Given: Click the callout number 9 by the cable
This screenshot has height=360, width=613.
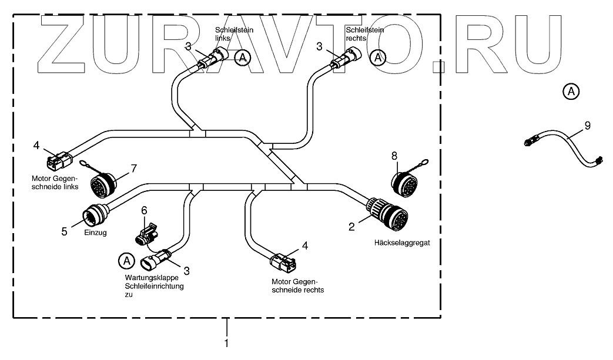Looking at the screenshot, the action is click(588, 126).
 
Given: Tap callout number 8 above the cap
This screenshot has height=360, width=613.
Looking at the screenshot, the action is click(394, 156).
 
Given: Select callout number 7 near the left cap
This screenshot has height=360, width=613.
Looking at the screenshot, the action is click(133, 169).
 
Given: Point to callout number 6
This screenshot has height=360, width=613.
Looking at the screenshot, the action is click(144, 211).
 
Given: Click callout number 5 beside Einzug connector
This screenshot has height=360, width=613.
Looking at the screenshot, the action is click(64, 231).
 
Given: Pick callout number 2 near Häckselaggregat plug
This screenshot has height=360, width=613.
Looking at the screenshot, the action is click(351, 227).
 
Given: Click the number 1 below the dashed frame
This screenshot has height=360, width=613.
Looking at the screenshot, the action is click(226, 344).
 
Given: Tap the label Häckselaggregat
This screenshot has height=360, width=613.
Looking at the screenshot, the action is click(402, 243).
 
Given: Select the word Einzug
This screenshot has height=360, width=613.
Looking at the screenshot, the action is click(95, 233).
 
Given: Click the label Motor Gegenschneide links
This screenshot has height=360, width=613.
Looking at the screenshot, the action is click(55, 182).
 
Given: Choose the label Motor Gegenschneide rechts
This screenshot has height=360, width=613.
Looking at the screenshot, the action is click(297, 286).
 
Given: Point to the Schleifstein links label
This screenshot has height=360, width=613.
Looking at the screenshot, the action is click(234, 34).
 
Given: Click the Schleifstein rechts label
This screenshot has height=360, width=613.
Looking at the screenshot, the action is click(365, 34).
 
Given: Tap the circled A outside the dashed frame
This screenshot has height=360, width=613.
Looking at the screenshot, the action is click(571, 92).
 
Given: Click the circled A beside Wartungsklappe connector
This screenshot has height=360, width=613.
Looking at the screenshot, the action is click(126, 261).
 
